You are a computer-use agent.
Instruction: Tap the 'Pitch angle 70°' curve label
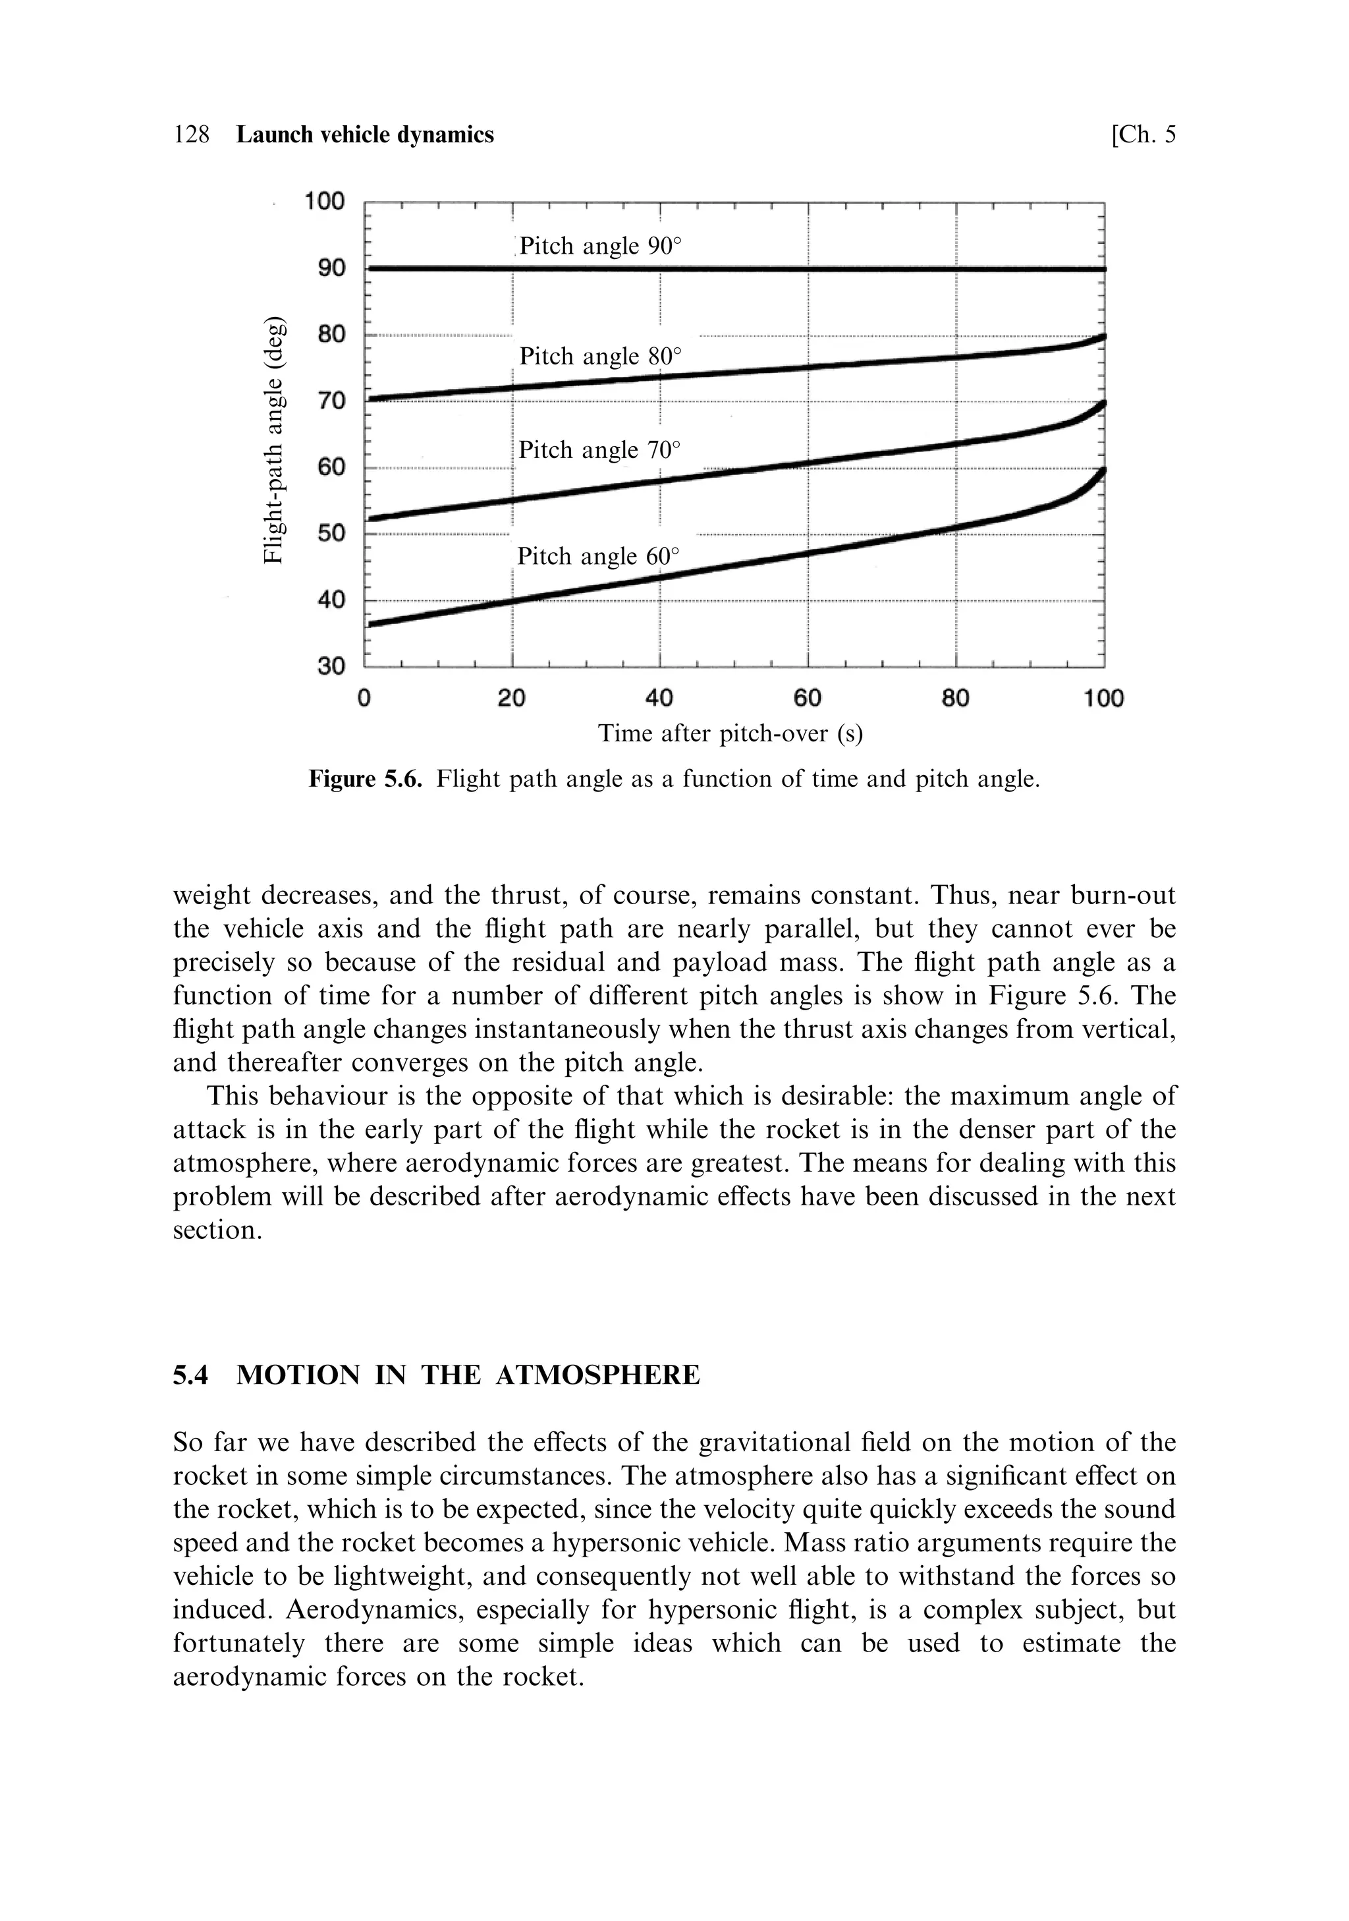(599, 450)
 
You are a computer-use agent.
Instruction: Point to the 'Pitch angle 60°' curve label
(598, 556)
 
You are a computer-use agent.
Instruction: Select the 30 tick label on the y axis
(331, 666)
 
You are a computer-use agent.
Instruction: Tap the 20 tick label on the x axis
(512, 698)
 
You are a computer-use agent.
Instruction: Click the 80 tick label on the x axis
(956, 698)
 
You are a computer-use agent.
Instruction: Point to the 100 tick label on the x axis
(1104, 698)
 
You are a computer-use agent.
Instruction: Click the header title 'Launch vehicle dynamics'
(365, 134)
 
